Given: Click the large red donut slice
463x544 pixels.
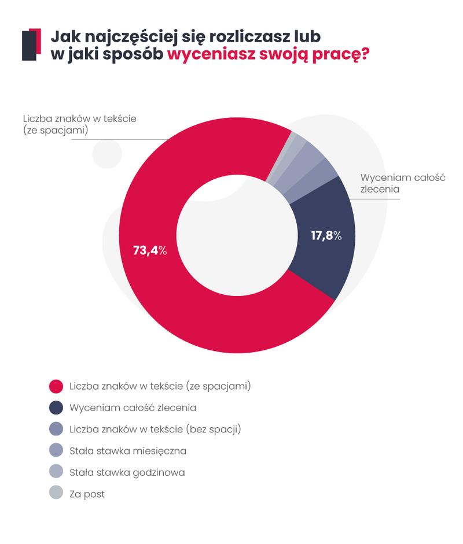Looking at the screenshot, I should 174,301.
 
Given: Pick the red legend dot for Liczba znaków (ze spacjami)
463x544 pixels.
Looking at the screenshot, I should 56,386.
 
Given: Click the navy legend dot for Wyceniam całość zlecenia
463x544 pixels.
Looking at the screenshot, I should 56,408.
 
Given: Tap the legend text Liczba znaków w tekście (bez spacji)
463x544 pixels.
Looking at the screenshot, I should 155,429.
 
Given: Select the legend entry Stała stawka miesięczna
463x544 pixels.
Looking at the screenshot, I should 127,450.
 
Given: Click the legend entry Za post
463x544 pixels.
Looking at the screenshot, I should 87,494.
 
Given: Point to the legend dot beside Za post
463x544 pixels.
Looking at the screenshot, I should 56,494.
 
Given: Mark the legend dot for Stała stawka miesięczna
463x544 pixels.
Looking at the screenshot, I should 56,450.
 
